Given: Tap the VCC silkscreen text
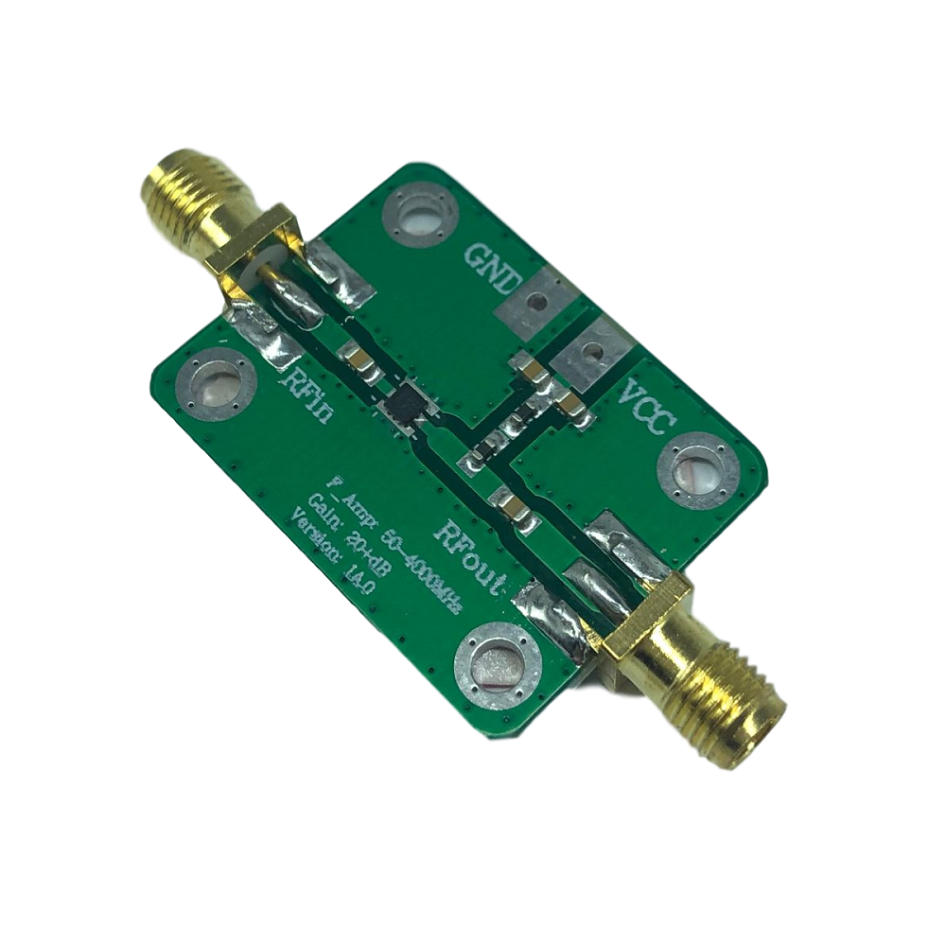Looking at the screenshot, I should click(x=645, y=405).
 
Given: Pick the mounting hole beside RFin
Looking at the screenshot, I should click(x=218, y=383).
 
